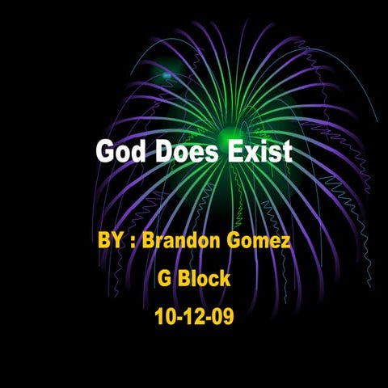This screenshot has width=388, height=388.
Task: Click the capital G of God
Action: click(x=104, y=152)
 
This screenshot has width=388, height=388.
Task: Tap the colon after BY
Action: click(x=132, y=242)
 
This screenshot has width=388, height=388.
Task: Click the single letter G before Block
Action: click(x=164, y=279)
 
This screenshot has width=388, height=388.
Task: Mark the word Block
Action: click(x=205, y=279)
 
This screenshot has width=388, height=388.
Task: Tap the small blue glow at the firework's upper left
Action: click(x=167, y=75)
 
